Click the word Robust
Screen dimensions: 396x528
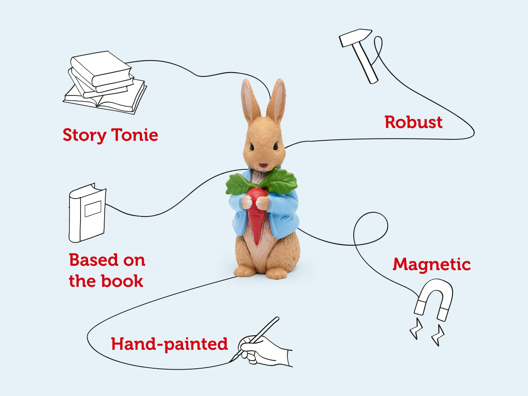(414, 122)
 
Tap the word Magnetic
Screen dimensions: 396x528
(432, 264)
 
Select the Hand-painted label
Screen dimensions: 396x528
(169, 344)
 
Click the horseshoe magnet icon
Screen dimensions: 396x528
(434, 299)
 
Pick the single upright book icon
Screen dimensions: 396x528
(88, 213)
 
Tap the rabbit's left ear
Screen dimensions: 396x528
(249, 101)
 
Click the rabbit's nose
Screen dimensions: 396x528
(263, 166)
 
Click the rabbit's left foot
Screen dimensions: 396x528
(245, 271)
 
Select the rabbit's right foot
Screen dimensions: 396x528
(276, 273)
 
